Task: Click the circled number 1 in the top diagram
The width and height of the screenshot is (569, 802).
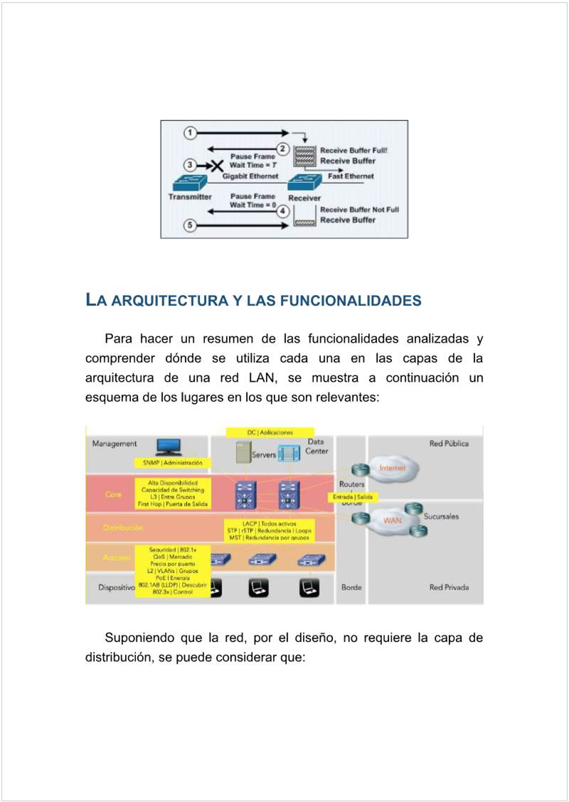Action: (189, 133)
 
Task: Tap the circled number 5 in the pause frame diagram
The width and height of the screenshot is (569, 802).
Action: (189, 225)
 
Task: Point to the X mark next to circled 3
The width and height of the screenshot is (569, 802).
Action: (211, 165)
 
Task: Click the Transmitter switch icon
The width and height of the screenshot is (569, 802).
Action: (189, 182)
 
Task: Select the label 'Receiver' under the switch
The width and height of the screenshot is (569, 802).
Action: (304, 198)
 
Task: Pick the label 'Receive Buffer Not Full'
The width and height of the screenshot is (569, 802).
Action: (359, 210)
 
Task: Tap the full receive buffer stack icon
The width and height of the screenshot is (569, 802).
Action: (305, 155)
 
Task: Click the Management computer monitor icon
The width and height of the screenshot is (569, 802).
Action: (169, 447)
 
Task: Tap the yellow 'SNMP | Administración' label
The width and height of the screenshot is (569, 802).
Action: (172, 463)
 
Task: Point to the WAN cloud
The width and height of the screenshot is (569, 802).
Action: (392, 520)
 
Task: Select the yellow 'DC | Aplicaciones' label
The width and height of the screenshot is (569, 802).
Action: (270, 432)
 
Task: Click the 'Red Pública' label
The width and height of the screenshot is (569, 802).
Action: (449, 444)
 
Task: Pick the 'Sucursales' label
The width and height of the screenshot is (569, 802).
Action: (442, 516)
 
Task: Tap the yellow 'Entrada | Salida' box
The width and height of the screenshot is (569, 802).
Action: (353, 497)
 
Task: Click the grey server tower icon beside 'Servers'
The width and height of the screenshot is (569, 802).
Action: (243, 453)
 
